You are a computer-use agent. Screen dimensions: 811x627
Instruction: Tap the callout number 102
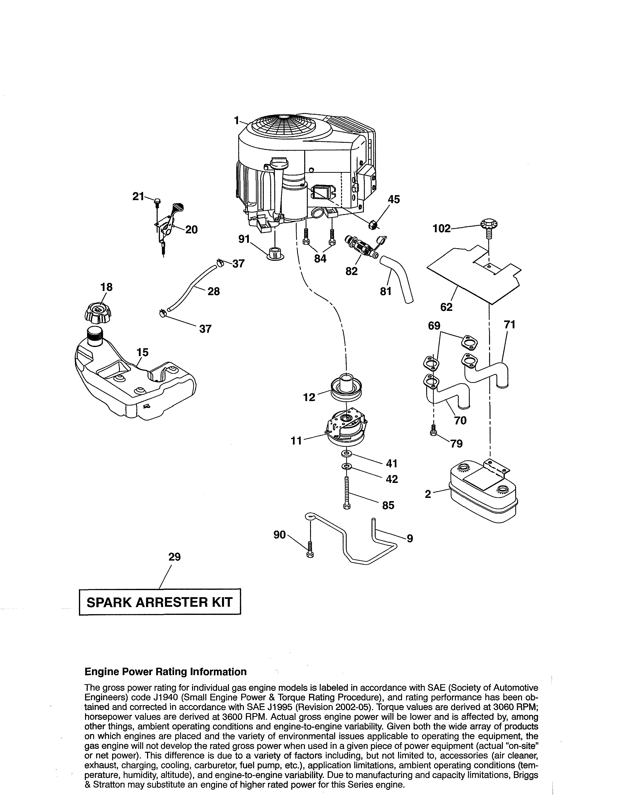coord(441,228)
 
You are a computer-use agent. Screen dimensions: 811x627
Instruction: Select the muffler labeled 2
coord(483,490)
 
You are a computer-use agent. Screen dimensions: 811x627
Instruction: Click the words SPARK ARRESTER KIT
coord(160,602)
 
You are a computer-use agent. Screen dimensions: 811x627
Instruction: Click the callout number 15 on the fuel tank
coord(143,352)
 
